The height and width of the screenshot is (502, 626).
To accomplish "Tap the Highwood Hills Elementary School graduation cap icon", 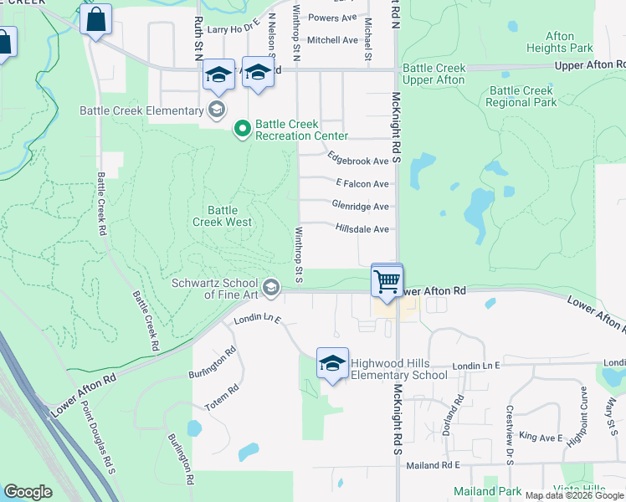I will (332, 364).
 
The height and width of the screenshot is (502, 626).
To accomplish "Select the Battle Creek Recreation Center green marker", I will (243, 129).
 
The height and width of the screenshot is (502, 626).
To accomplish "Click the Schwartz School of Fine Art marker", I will (271, 288).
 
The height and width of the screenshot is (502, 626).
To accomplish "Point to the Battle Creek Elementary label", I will (141, 110).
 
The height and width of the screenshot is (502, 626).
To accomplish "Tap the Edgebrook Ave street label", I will (358, 161).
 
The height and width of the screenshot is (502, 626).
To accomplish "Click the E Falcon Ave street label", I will (362, 183).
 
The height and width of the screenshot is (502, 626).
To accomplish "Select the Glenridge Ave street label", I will (360, 206).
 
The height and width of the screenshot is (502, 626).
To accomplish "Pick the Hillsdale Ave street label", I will (362, 228).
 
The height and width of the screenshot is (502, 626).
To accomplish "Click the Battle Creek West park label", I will (223, 216).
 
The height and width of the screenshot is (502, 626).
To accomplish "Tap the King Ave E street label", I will (540, 437).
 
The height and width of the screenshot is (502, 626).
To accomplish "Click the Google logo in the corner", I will (28, 492).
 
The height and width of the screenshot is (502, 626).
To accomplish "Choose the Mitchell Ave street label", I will (332, 39).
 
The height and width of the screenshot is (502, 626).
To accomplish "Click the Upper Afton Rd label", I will (591, 65).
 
